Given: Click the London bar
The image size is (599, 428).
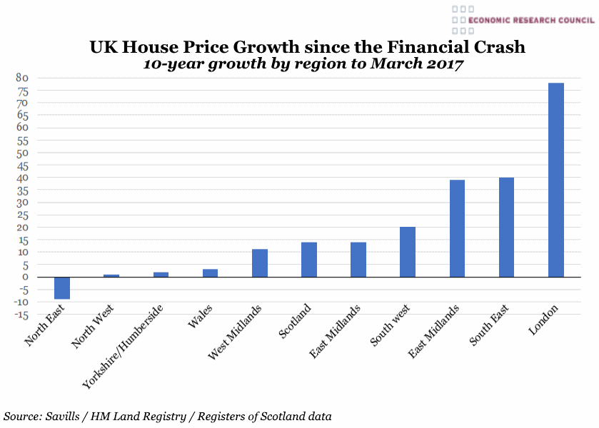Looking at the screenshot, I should click(x=555, y=180).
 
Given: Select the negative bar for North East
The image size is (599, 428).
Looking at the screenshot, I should click(x=61, y=288).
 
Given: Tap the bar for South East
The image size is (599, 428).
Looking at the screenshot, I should click(x=506, y=227).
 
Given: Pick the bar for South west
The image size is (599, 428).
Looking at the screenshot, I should click(x=408, y=252).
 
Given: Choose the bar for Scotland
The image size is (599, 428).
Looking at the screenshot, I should click(x=308, y=260).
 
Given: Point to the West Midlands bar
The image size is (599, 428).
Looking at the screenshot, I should click(x=259, y=263).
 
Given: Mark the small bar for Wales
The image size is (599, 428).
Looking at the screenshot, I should click(x=210, y=273).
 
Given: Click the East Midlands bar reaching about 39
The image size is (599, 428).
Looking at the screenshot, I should click(x=457, y=228).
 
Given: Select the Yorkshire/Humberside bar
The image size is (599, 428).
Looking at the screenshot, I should click(x=161, y=275).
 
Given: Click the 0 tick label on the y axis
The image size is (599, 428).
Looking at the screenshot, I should click(x=25, y=277).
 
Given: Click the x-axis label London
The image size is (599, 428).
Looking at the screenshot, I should click(x=543, y=320).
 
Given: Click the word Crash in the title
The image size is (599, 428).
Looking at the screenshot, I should click(x=497, y=47).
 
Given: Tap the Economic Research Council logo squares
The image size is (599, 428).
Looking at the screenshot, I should click(x=462, y=20).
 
